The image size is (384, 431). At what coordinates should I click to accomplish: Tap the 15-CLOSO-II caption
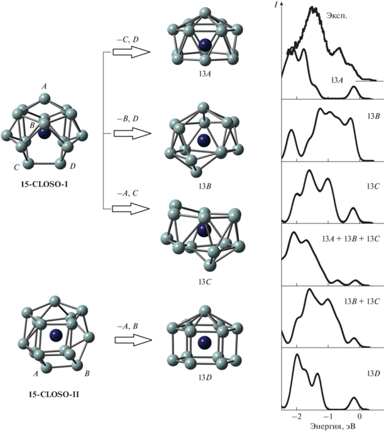54,395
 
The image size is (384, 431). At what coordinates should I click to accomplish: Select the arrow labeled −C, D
131,52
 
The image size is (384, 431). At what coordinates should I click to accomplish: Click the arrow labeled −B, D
133,133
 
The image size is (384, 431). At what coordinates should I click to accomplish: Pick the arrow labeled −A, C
131,209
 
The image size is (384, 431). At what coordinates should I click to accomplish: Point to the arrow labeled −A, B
133,340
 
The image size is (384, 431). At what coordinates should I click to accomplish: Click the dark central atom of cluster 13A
206,45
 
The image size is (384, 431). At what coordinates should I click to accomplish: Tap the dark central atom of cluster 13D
205,343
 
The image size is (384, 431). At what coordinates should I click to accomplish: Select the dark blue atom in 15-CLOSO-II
56,335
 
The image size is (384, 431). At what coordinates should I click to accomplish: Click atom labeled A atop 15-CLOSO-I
44,98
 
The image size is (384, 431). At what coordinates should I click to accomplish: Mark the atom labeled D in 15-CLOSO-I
60,164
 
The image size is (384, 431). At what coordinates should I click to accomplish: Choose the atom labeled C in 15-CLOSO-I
28,164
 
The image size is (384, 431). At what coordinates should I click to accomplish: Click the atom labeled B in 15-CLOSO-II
77,365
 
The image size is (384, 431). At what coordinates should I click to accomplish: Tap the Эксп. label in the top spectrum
336,16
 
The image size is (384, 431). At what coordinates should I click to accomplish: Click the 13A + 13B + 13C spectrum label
351,239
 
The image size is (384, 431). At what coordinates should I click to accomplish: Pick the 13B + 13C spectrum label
362,301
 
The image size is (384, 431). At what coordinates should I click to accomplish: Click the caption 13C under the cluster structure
205,282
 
